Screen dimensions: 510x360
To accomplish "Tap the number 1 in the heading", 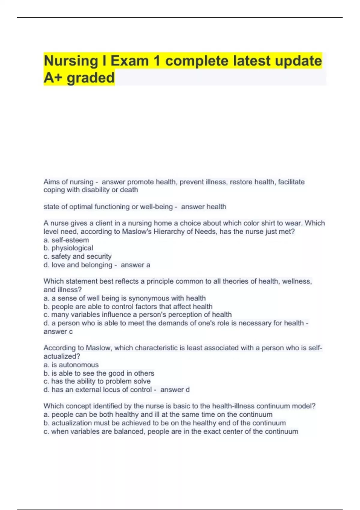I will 156,61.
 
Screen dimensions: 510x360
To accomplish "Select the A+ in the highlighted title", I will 53,78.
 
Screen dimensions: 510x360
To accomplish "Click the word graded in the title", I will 91,78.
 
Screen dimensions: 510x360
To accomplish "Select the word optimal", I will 81,207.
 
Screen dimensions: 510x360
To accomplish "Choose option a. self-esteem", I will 66,240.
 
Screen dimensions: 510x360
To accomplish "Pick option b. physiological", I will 68,248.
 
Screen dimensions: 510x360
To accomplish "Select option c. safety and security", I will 77,256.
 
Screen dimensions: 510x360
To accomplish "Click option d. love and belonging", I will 78,265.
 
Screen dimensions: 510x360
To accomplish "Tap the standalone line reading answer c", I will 58,331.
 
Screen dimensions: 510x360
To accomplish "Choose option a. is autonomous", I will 71,365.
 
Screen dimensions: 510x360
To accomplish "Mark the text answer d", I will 175,390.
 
